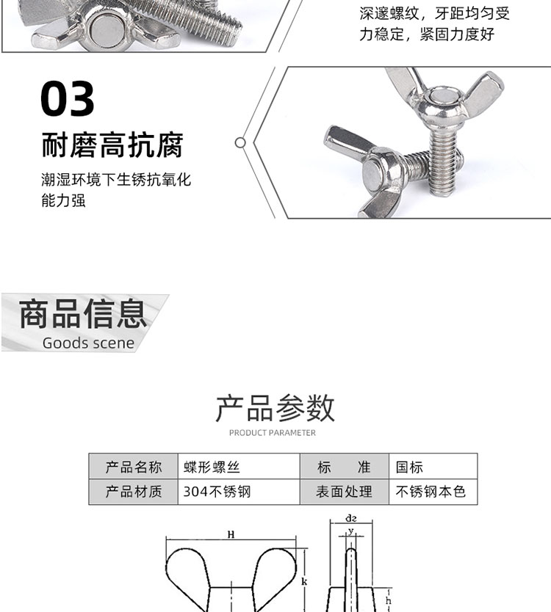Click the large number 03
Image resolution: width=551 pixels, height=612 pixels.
tap(67, 98)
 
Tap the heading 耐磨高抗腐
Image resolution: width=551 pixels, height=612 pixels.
tap(112, 145)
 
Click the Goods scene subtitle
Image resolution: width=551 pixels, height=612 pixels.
tap(88, 343)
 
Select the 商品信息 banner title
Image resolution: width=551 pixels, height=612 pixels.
tap(83, 314)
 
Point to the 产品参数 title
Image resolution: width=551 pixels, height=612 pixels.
tap(275, 408)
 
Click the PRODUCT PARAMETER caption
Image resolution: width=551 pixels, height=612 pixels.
tap(273, 433)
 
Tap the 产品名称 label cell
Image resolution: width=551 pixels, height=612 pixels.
tap(134, 467)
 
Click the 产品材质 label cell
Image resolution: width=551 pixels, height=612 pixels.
tap(134, 492)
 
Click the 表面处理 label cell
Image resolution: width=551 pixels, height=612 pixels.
tap(345, 492)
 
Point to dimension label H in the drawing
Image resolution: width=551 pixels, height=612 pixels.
tap(231, 534)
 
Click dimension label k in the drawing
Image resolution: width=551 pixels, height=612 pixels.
tap(304, 582)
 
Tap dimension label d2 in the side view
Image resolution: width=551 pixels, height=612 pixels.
tap(351, 518)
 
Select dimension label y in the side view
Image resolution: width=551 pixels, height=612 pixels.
tap(351, 531)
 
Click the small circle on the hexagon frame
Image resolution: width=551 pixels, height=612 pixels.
tap(240, 143)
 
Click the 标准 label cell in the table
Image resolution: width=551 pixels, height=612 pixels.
tap(345, 467)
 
